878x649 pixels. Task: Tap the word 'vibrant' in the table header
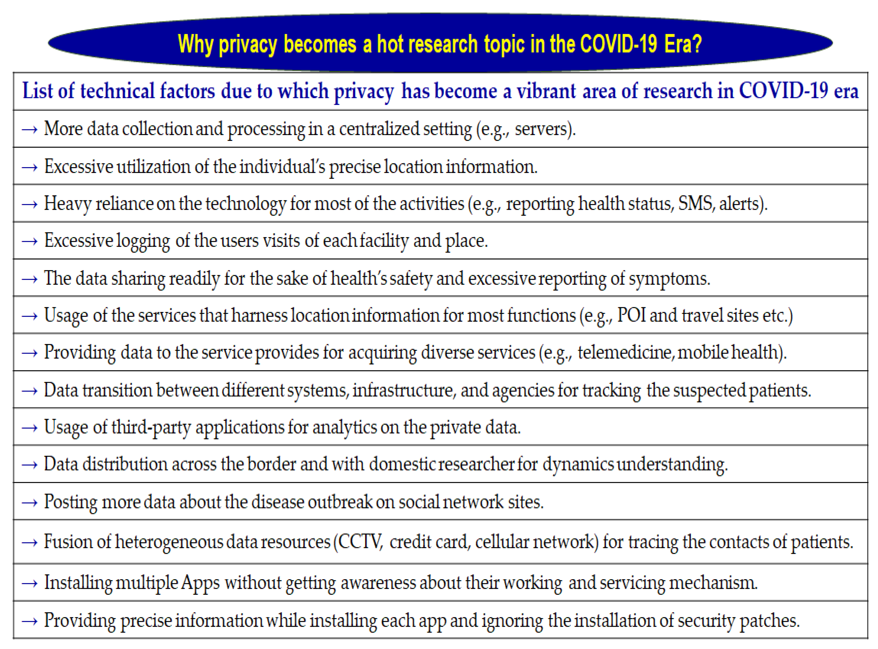click(545, 91)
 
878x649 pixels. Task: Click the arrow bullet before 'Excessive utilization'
click(30, 167)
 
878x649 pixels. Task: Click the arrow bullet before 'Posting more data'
click(30, 503)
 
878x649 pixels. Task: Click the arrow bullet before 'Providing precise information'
click(30, 621)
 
